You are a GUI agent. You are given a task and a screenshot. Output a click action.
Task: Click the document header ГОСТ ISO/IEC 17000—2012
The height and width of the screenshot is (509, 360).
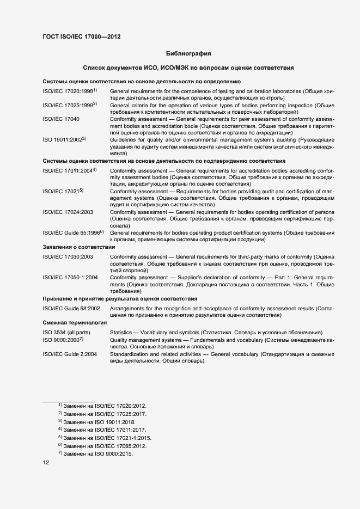(81, 37)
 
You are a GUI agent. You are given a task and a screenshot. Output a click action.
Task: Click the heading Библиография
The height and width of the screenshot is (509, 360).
(188, 54)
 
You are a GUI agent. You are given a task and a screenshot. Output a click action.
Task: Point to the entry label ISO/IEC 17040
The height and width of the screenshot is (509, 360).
(61, 119)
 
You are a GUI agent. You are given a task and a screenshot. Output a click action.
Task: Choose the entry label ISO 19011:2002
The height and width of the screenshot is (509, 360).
(64, 140)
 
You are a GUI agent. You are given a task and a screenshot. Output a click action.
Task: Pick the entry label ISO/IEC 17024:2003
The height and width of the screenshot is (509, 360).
(68, 212)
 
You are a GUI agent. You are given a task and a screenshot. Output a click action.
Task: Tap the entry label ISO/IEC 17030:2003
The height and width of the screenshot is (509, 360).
(68, 256)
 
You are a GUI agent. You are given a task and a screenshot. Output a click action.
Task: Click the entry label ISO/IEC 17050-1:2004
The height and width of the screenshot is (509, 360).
(70, 277)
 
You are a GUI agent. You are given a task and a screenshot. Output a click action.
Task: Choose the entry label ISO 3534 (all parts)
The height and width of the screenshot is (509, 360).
(66, 332)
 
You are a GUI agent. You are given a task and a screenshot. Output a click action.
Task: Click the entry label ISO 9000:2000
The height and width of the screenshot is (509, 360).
(62, 340)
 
